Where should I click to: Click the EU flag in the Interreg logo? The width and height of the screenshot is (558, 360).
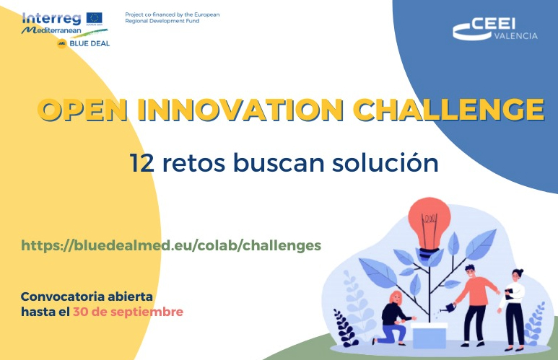tap(95, 19)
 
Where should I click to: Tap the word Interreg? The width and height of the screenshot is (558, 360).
tap(51, 19)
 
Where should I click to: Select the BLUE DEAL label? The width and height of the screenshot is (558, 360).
tap(90, 43)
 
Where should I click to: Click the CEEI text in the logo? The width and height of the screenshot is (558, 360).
tap(493, 25)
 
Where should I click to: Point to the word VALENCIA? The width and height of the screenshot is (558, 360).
tap(516, 36)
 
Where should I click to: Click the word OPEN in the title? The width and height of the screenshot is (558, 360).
tap(82, 109)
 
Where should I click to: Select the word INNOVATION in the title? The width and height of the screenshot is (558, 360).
tap(240, 109)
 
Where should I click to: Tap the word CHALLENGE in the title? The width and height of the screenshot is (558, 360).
tap(449, 109)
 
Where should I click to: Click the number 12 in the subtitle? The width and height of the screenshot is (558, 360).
tap(141, 163)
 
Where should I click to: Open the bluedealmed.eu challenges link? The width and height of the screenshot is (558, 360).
tap(171, 245)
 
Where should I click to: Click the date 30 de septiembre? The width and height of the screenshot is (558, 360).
tap(128, 312)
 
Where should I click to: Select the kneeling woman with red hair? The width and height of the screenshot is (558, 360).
tap(393, 318)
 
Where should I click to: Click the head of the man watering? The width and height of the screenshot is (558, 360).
tap(470, 271)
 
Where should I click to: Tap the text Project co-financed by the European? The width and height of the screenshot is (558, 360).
tap(173, 14)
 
